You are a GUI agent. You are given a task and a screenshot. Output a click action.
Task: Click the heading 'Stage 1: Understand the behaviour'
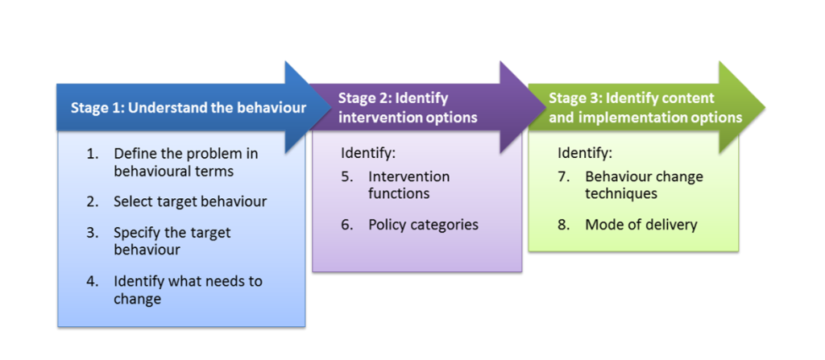pos(189,108)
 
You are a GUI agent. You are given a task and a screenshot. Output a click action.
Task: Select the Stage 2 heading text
pos(408,107)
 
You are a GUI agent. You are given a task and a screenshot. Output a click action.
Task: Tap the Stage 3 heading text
pos(645,107)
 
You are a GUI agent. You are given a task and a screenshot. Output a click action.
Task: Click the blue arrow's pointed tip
pos(331,107)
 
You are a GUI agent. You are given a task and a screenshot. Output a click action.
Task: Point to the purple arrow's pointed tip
pos(546,107)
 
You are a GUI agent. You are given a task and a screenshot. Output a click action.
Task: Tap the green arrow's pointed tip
pos(765,107)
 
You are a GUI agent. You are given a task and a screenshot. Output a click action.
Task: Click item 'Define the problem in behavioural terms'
pos(186,162)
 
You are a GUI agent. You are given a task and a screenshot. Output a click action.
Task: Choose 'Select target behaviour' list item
pos(190,201)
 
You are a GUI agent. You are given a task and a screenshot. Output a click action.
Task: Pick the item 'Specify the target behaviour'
pos(172,241)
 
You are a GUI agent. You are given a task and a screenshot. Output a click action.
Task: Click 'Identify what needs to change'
pos(188,290)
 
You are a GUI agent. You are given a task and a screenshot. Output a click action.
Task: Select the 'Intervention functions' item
pos(408,184)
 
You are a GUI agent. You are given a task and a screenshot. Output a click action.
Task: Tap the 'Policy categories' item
pos(423,225)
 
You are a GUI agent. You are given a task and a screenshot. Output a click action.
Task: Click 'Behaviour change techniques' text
pos(644,184)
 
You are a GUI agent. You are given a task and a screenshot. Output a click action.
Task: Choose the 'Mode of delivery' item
pos(641,225)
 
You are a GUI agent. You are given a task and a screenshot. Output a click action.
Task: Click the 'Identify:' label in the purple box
pos(367,153)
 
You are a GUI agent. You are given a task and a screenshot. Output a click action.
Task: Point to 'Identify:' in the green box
pos(585,153)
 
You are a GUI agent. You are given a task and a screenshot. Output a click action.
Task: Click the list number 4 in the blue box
pos(93,281)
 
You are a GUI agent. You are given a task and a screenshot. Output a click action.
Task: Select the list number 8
pos(564,225)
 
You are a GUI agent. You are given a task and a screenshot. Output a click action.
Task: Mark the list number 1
pos(93,154)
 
